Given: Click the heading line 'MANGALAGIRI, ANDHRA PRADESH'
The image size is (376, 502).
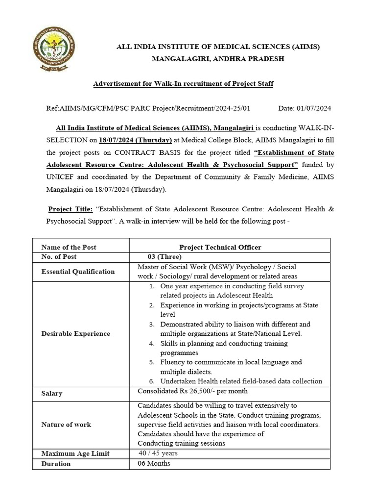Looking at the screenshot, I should click(217, 59).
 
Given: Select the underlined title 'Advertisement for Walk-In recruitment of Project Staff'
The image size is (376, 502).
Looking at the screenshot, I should click(183, 84).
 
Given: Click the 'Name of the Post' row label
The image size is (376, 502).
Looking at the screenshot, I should click(69, 247).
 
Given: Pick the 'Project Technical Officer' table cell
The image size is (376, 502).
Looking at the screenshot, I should click(220, 247).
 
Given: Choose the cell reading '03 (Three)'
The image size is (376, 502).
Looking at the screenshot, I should click(164, 256).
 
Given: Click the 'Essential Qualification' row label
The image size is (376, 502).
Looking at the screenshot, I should click(78, 272).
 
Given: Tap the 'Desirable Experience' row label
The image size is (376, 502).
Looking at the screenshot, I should click(76, 333).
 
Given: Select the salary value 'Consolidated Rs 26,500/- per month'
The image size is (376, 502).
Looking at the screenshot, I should click(192, 391).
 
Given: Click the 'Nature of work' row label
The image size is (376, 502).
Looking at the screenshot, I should click(66, 424).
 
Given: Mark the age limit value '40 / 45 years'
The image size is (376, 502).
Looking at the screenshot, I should click(158, 453).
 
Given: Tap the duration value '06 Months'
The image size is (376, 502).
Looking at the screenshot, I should click(154, 463).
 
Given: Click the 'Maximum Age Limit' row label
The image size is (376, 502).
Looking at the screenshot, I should click(75, 453).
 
